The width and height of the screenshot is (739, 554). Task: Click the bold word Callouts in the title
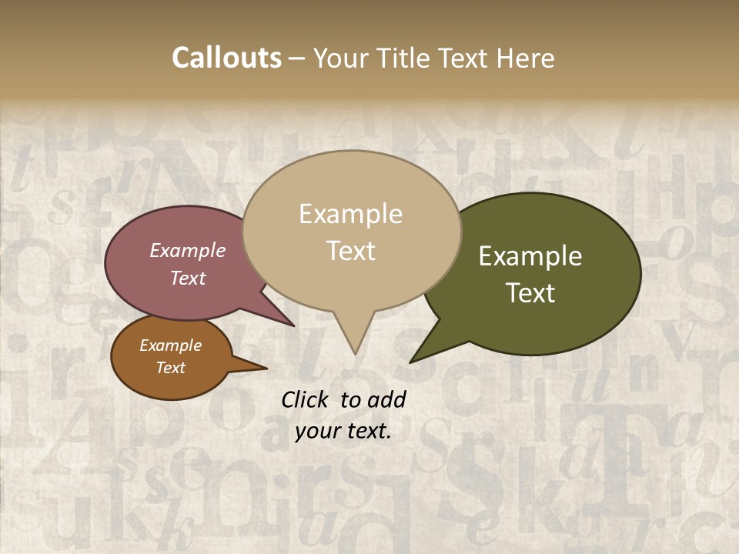[226, 58]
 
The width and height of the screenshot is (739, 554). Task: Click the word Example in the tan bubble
[350, 214]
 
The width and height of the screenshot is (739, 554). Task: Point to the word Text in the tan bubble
[350, 251]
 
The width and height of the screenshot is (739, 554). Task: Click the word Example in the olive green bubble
[530, 256]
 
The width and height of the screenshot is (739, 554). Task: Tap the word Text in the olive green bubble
[530, 293]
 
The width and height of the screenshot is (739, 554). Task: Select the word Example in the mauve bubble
[188, 250]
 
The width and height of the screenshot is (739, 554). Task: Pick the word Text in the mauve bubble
[188, 278]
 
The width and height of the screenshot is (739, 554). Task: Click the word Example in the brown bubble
[170, 345]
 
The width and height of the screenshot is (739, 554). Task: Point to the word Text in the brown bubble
[170, 368]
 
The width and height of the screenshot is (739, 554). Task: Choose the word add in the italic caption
[386, 399]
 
